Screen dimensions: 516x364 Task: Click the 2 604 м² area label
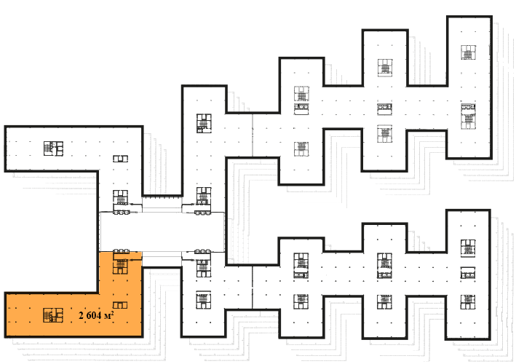coord(96,315)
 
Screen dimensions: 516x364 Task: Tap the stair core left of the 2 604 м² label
coord(53,315)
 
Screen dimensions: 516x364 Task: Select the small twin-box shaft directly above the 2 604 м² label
coord(120,305)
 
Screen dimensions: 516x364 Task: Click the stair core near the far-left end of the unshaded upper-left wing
coord(53,149)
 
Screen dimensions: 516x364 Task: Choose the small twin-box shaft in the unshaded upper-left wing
coord(120,159)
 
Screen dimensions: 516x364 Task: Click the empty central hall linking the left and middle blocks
coord(162,232)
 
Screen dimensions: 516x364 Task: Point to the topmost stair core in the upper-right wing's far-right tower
coord(468,52)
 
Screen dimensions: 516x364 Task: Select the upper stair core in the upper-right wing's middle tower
coord(385,68)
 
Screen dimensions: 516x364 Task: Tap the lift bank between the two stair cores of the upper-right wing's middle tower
coord(385,109)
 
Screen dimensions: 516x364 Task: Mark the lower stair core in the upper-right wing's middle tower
coord(385,134)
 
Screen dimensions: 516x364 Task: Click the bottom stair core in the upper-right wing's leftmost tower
coord(301,149)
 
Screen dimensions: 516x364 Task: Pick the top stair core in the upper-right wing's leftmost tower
coord(301,94)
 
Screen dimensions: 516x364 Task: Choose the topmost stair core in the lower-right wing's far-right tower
coord(468,248)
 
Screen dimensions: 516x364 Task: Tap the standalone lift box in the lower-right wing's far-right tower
coord(468,274)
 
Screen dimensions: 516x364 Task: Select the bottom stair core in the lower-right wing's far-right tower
coord(468,302)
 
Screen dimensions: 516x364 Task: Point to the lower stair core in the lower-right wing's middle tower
coord(384,302)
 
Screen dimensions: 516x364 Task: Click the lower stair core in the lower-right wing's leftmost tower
coord(301,301)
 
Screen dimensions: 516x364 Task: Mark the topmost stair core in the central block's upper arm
coord(204,123)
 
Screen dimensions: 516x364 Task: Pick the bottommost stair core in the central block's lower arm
coord(203,300)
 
